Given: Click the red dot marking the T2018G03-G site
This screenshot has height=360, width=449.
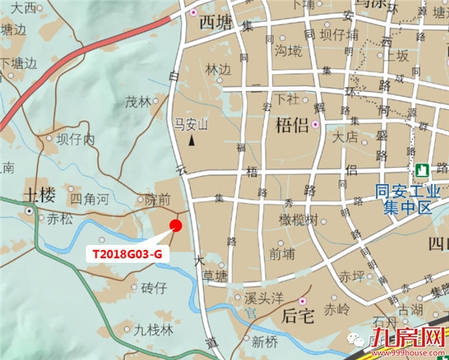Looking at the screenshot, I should coord(175,225).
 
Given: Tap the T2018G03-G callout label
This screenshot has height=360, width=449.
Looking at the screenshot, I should coord(126,254).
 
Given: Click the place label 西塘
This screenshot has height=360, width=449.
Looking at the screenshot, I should coord(217,22).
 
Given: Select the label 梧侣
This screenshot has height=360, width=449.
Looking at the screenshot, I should coord(292,124).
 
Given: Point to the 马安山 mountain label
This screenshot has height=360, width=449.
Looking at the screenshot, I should coord(190,123).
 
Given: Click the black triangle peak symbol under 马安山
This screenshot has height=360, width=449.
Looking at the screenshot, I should coord(192,139).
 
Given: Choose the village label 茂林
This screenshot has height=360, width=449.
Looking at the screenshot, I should coord(138,103).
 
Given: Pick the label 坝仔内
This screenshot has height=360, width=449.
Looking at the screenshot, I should coord(76,139).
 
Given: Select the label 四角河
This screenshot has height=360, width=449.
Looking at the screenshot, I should coord(89,199).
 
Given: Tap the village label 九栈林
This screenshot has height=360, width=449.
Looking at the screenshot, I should coord(153,329).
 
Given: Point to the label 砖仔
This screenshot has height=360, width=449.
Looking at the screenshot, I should coord(153,287).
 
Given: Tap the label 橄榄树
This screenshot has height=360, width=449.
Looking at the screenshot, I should coord(299,219).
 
